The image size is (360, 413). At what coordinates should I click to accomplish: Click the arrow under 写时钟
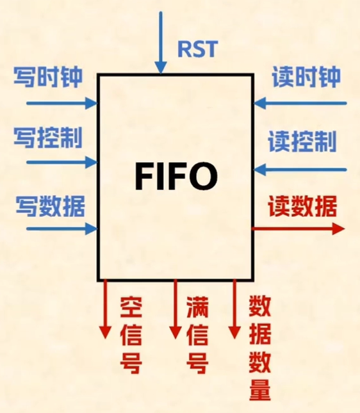coord(61,102)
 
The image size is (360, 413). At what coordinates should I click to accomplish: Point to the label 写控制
coord(48,138)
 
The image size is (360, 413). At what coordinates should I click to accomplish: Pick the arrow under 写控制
coord(61,162)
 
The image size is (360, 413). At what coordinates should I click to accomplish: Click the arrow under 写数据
coord(61,229)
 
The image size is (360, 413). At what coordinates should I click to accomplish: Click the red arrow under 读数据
coord(299,229)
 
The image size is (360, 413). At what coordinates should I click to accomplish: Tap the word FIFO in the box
coord(176,175)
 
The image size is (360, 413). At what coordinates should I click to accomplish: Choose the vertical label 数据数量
coord(259,349)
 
